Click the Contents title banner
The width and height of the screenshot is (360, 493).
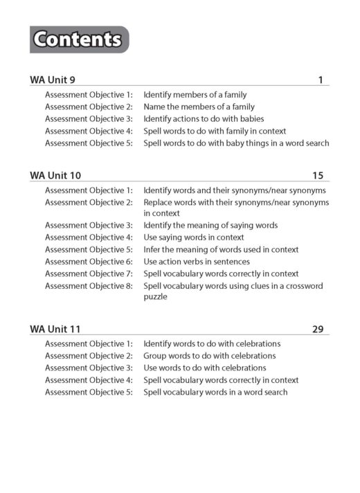pos(80,39)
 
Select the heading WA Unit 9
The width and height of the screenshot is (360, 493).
pos(53,80)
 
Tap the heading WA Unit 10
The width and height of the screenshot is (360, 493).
pos(55,176)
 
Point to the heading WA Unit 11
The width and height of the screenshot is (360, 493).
pos(55,330)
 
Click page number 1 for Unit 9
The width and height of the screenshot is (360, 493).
pos(321,80)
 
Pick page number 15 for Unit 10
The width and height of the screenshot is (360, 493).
pos(318,176)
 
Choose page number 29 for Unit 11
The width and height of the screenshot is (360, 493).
pos(318,330)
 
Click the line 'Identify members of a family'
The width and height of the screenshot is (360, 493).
pos(195,95)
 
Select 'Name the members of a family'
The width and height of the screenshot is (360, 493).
pos(199,107)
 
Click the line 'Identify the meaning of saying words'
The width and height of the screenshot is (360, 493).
pos(210,225)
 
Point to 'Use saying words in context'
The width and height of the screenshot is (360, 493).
pos(193,237)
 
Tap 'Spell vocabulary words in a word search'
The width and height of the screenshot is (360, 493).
pos(215,392)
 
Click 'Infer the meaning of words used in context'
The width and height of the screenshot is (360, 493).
pos(221,249)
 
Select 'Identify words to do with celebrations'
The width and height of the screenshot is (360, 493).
pos(212,344)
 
